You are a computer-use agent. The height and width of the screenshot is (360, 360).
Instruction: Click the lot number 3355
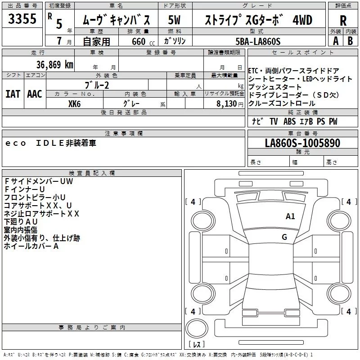point(22,19)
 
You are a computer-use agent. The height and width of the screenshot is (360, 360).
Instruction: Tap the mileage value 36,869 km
point(55,65)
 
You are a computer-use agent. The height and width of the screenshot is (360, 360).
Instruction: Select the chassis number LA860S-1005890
point(302,143)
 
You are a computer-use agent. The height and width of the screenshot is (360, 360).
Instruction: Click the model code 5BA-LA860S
point(258,41)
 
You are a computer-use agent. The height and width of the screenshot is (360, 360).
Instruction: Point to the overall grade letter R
point(343,20)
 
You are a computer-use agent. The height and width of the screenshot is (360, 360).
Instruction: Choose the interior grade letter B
point(350,41)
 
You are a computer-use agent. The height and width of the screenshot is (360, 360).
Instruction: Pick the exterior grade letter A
point(336,41)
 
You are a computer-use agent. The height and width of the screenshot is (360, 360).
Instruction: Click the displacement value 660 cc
point(143,41)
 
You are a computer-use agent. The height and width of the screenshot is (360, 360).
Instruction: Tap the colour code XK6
point(74,104)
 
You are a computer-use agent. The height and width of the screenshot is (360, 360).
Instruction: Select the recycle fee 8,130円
point(230,104)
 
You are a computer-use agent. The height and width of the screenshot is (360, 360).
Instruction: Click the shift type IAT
point(13,94)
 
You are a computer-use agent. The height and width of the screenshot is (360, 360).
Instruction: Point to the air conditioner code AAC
point(35,94)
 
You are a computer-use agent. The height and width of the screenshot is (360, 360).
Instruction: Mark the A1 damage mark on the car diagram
point(290,216)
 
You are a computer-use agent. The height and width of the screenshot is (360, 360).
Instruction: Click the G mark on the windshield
point(284,237)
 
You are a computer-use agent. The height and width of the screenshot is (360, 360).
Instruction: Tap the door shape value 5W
point(174,20)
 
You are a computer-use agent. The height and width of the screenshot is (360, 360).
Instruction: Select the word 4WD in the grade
point(302,20)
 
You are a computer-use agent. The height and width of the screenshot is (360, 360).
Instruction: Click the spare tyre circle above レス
point(197,328)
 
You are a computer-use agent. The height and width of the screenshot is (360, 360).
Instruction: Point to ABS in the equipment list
point(289,121)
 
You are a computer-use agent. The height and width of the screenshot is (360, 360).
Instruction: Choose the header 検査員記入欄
point(92,173)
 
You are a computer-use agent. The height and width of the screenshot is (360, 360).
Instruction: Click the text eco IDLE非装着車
point(51,143)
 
